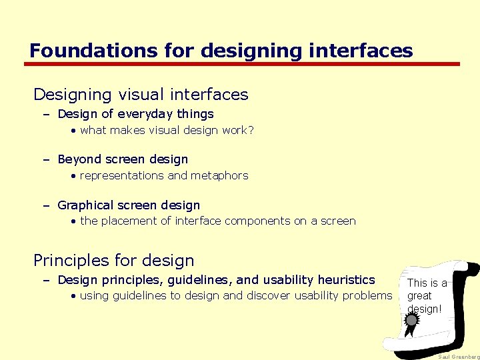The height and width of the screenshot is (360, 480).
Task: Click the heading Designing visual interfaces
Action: click(x=141, y=95)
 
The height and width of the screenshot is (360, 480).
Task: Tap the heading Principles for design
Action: click(x=114, y=260)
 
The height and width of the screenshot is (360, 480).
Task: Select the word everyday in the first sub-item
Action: click(x=132, y=114)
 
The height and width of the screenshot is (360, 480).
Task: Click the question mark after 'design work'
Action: click(x=250, y=130)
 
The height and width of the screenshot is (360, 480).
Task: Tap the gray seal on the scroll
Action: click(x=412, y=320)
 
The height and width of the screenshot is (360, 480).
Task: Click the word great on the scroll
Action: click(x=419, y=295)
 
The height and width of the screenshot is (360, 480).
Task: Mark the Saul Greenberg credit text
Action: click(x=458, y=357)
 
